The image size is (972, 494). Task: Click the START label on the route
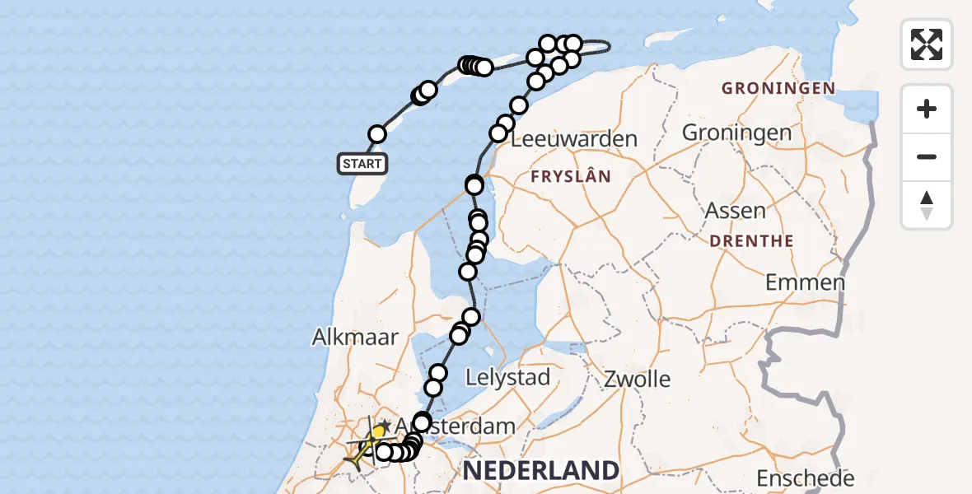[362, 164]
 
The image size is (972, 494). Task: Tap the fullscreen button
[927, 44]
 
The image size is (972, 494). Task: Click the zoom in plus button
[927, 109]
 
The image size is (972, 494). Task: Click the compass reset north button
[927, 205]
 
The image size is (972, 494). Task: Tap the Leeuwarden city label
[574, 138]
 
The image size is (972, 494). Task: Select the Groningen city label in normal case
[736, 132]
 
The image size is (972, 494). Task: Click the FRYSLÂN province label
[571, 176]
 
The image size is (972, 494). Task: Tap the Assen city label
[736, 210]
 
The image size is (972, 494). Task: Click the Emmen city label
[805, 282]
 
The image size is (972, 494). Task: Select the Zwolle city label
[637, 380]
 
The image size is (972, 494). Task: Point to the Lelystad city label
[507, 378]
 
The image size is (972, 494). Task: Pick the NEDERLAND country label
[540, 471]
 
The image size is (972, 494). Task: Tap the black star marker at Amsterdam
[384, 424]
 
